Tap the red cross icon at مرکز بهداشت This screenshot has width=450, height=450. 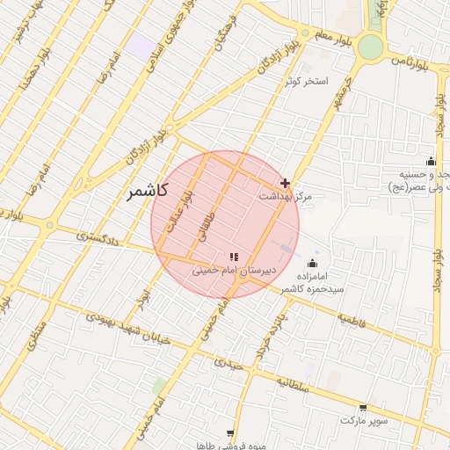(x=283, y=183)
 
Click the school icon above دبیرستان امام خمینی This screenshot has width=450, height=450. (x=234, y=256)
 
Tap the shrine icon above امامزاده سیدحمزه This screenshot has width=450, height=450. (x=312, y=264)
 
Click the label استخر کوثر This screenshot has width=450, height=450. (x=305, y=81)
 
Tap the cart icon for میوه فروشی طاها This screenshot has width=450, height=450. (x=230, y=432)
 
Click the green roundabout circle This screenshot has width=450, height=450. (x=371, y=46)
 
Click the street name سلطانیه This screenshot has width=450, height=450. (x=297, y=383)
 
